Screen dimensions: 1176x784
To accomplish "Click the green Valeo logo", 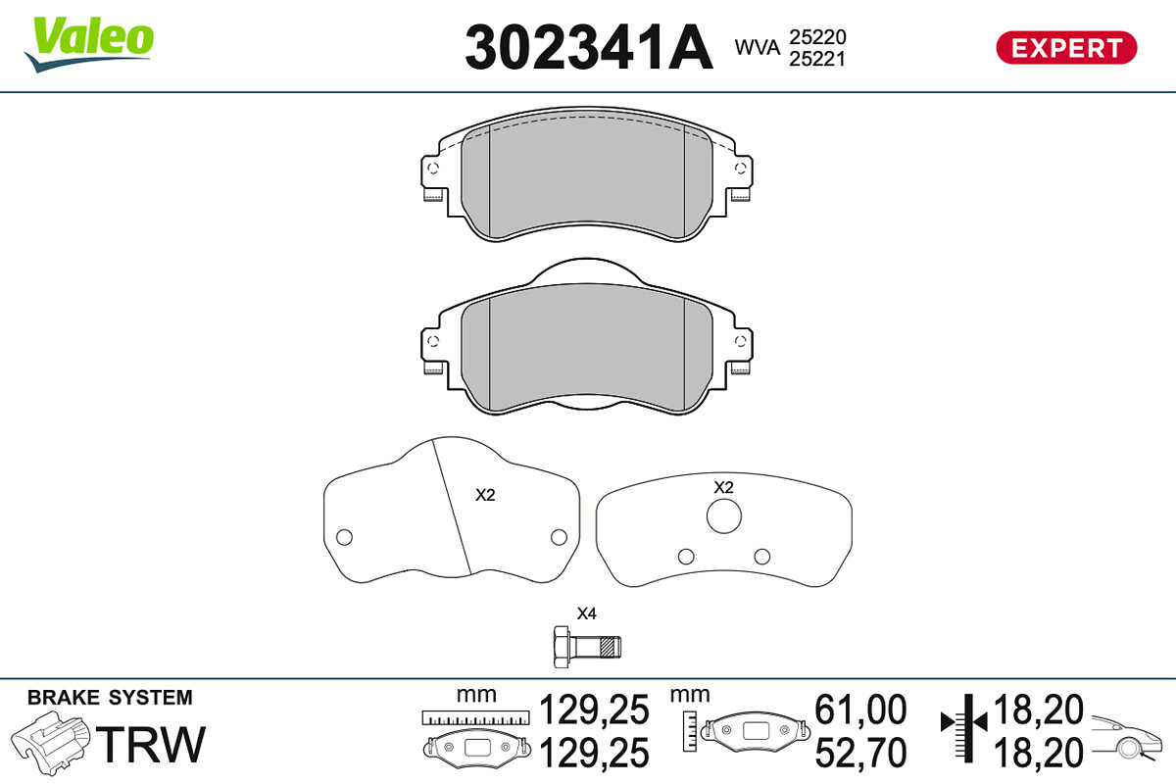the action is pyautogui.click(x=89, y=44).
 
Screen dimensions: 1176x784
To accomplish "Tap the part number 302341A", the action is pyautogui.click(x=589, y=48).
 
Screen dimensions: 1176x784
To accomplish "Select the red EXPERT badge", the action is pyautogui.click(x=1066, y=48).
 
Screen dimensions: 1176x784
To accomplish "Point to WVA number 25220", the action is pyautogui.click(x=817, y=37).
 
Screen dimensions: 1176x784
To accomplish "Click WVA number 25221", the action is pyautogui.click(x=817, y=59).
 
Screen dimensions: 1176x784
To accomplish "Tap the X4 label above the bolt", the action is pyautogui.click(x=586, y=613).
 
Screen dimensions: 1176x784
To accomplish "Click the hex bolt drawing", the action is pyautogui.click(x=587, y=647).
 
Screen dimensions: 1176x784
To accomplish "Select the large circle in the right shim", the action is pyautogui.click(x=724, y=516).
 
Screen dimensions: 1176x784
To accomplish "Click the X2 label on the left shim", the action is pyautogui.click(x=485, y=495).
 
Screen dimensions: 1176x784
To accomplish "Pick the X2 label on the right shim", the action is pyautogui.click(x=723, y=487).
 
